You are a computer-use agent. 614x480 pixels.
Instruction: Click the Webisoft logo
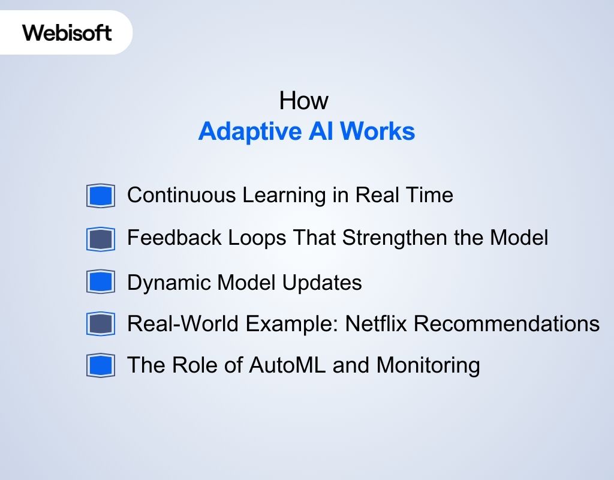[x=67, y=32]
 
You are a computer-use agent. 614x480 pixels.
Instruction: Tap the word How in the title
[x=304, y=101]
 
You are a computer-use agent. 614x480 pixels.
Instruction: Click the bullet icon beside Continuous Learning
[x=100, y=196]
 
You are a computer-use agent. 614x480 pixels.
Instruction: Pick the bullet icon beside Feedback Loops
[x=100, y=239]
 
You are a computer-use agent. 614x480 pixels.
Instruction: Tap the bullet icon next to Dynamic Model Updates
[x=100, y=282]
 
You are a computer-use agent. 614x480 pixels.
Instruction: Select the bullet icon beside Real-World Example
[x=100, y=324]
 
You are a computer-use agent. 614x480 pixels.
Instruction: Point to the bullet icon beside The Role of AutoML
[x=100, y=365]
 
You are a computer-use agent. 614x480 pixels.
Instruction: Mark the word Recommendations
[x=507, y=323]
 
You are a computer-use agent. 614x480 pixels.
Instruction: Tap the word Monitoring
[x=428, y=365]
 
